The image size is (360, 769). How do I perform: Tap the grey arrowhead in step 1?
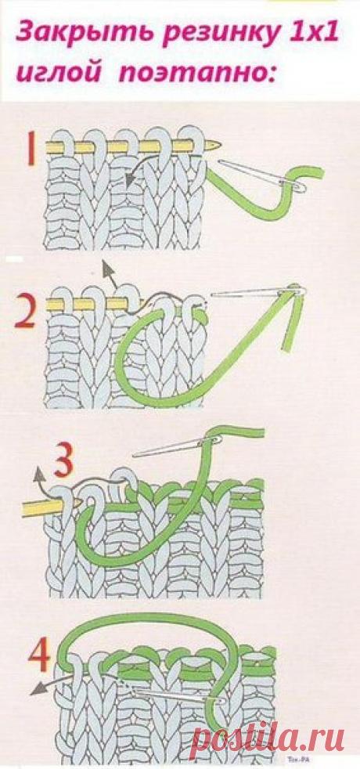tap(131, 181)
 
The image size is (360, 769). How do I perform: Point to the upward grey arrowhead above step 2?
tap(105, 265)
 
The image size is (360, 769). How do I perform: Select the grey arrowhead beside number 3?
tap(38, 472)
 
